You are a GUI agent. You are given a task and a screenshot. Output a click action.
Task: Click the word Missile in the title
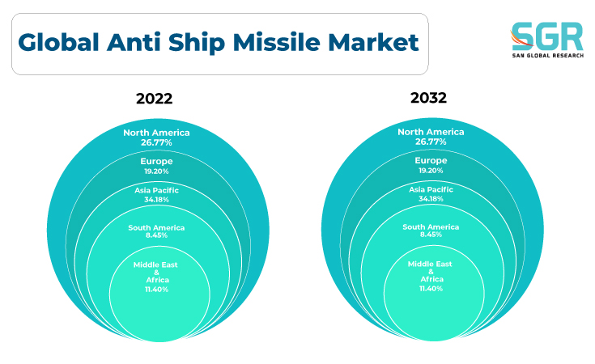(x=277, y=42)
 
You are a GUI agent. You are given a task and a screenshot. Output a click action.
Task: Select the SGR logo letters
(x=546, y=36)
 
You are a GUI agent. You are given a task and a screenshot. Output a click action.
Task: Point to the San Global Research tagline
(x=547, y=55)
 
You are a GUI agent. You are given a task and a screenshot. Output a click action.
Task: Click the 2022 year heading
(x=154, y=99)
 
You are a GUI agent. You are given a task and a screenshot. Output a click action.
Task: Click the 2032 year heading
(x=428, y=98)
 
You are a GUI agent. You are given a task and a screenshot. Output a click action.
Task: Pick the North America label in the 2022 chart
(x=156, y=133)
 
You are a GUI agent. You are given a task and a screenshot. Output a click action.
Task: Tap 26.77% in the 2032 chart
(x=431, y=142)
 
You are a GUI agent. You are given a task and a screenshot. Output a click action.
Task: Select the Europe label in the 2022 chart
(x=156, y=162)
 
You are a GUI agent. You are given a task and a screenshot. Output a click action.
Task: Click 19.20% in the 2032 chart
(x=431, y=171)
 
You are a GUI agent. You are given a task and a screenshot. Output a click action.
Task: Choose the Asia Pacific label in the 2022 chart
(x=156, y=190)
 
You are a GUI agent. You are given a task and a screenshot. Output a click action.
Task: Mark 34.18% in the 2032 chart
(x=431, y=199)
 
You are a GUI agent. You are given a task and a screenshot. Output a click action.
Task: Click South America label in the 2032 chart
(x=431, y=227)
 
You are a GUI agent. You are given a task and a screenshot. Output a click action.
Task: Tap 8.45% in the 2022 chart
(x=156, y=235)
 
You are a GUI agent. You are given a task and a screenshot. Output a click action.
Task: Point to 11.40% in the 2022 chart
(x=156, y=290)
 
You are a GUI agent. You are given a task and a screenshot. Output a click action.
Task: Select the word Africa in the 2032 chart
(x=431, y=279)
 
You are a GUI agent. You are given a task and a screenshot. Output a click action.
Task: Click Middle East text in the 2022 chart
(x=155, y=265)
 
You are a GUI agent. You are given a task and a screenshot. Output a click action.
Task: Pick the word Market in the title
(x=373, y=42)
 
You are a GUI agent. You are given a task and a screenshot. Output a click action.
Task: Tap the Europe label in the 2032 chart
(x=431, y=161)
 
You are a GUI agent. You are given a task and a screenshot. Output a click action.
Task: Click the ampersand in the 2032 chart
(x=431, y=272)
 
